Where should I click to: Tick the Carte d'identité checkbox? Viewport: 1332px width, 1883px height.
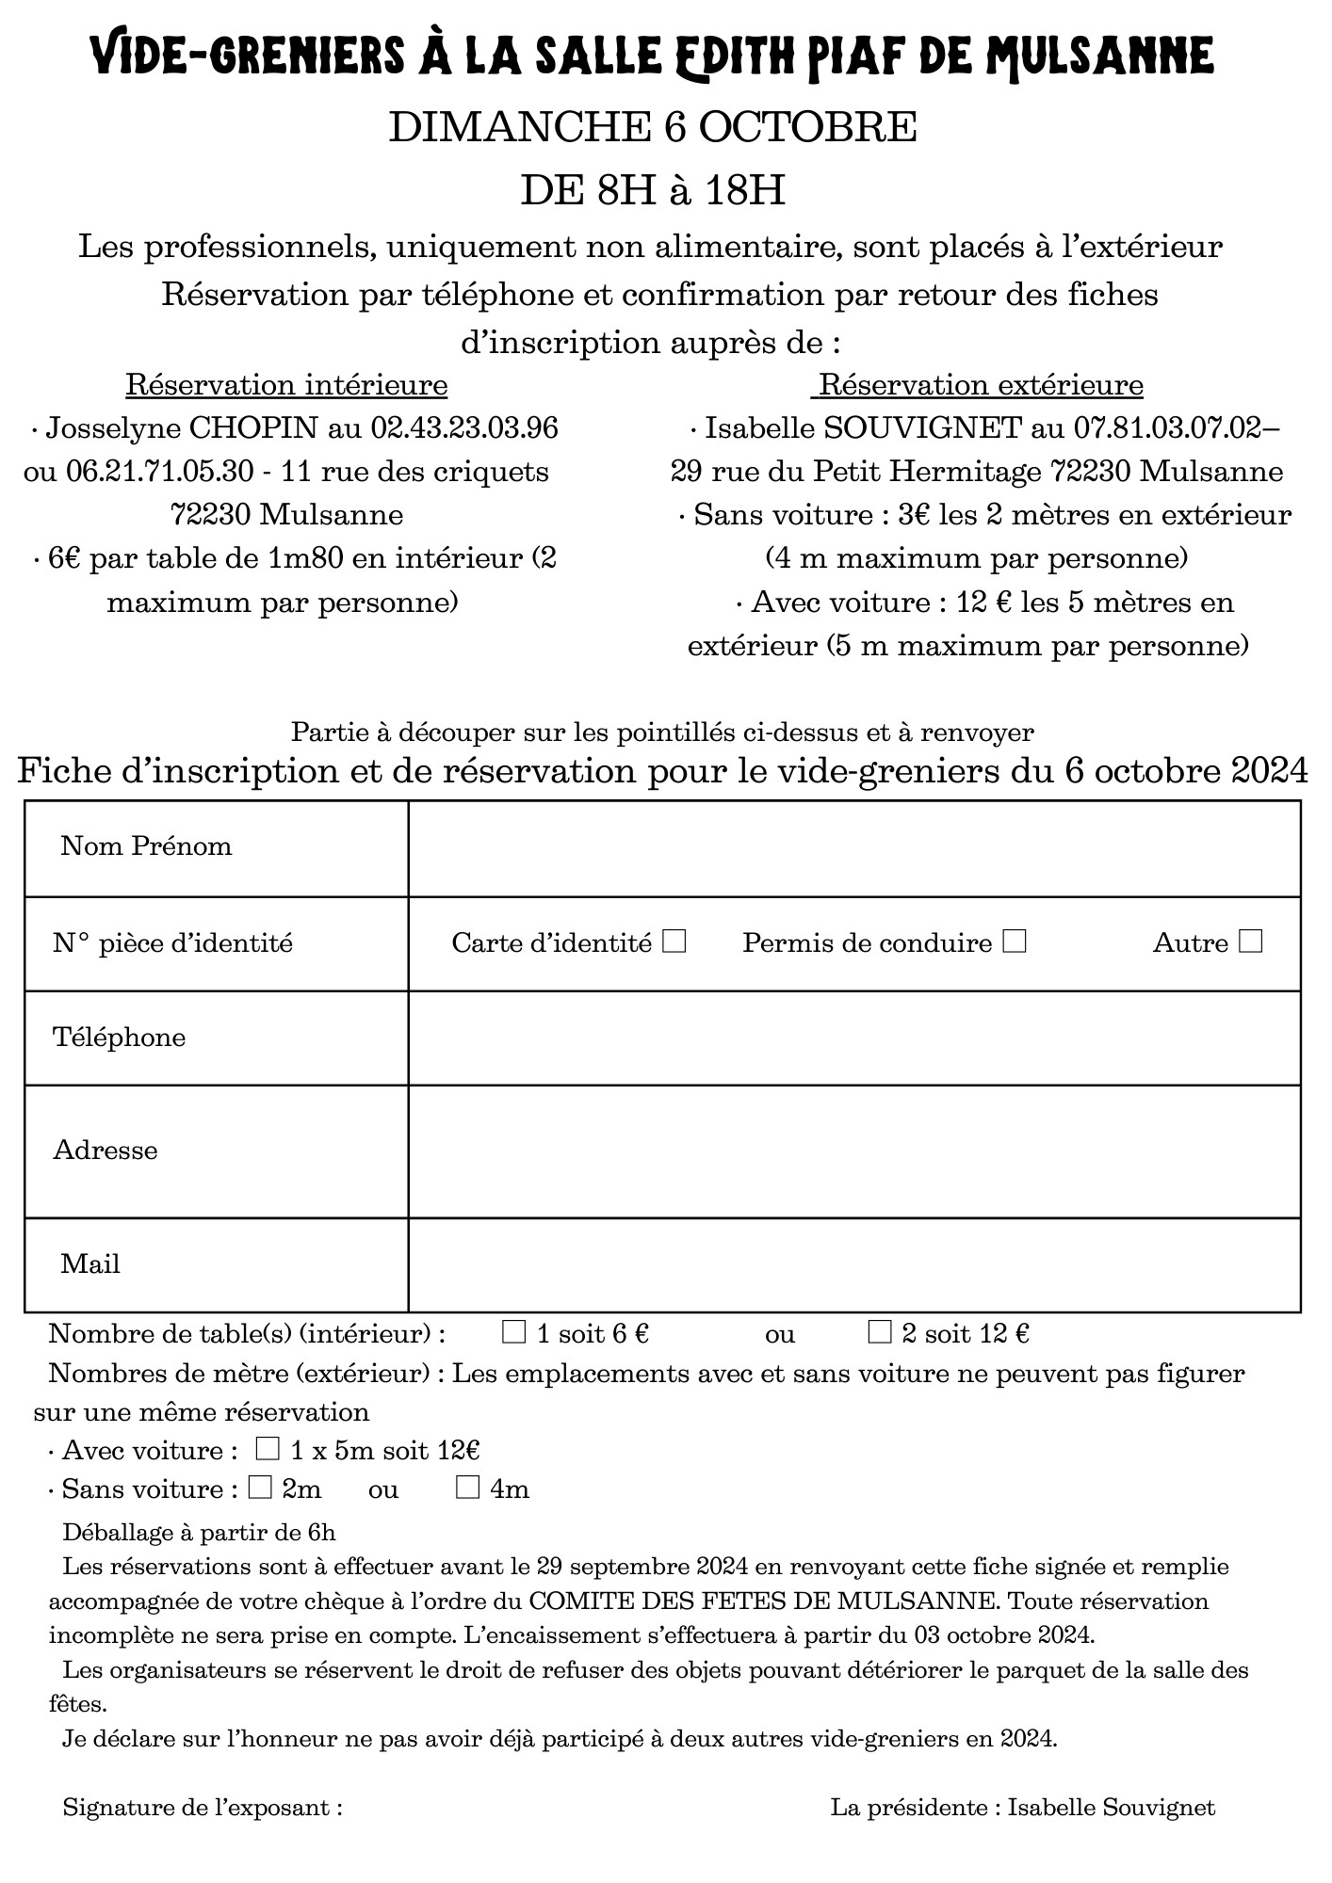(674, 941)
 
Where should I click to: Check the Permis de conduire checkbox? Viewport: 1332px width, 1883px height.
(1015, 941)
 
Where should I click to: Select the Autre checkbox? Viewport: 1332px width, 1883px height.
(1251, 941)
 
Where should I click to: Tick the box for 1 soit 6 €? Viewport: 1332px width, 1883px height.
(514, 1332)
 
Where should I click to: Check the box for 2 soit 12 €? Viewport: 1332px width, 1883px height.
(879, 1332)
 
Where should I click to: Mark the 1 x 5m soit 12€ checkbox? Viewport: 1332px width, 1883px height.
(268, 1449)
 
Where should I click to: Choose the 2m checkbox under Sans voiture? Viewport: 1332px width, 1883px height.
(261, 1489)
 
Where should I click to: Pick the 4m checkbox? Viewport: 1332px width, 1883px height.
(468, 1489)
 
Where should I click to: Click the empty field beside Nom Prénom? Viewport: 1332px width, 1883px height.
(853, 848)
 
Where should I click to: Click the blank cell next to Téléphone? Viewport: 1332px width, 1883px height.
(853, 1038)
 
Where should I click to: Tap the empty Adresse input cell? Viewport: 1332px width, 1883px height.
(853, 1151)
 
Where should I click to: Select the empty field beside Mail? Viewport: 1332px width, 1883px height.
(853, 1264)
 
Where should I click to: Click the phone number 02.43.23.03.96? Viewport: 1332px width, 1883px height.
(464, 429)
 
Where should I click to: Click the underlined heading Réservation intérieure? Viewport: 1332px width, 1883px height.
(286, 386)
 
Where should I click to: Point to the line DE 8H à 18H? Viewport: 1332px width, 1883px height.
(653, 191)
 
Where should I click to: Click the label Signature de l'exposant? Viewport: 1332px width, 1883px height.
(203, 1807)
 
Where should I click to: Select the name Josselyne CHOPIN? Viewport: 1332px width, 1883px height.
(182, 429)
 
